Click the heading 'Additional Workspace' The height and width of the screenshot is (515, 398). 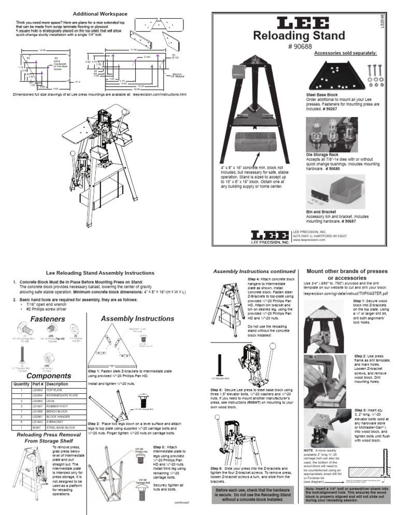pos(99,13)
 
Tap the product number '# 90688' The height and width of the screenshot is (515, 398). pos(297,46)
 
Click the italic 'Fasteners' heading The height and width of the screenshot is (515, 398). pos(48,319)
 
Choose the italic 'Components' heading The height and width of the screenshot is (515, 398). pos(48,375)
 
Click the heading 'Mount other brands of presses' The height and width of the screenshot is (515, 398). pos(348,271)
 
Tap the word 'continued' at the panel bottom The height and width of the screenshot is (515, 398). pos(183,502)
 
